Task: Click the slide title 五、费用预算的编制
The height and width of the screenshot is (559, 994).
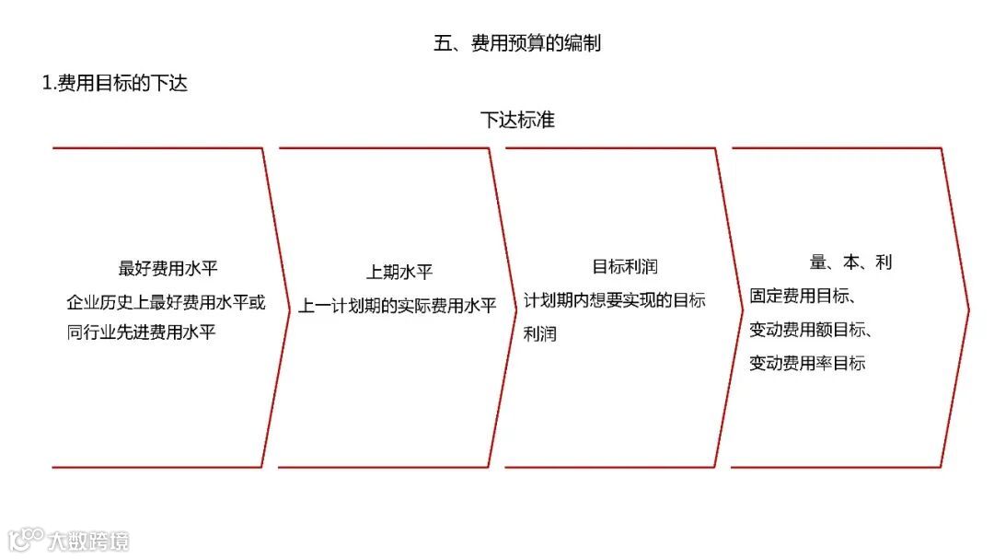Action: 517,43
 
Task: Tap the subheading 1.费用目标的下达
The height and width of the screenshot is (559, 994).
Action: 115,84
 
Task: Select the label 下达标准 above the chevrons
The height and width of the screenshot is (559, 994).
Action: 517,120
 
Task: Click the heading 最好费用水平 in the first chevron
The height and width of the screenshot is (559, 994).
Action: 168,269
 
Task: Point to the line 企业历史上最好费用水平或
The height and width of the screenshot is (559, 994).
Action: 166,301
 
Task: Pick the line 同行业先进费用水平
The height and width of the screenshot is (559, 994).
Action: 141,332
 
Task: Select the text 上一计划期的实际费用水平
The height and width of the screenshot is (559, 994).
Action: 397,305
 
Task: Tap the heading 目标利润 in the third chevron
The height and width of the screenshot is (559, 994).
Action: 624,267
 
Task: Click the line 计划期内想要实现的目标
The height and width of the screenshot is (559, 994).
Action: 615,300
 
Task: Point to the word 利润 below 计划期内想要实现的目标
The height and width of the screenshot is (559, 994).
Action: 540,333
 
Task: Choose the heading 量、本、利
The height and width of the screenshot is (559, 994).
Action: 850,262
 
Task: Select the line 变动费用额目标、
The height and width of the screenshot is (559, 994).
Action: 811,330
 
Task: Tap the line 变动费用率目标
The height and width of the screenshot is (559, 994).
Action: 807,363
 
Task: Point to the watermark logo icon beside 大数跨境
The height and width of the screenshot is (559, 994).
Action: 27,539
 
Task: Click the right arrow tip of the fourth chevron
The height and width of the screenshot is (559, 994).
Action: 968,308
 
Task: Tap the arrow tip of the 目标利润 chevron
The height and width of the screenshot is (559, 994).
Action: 742,308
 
